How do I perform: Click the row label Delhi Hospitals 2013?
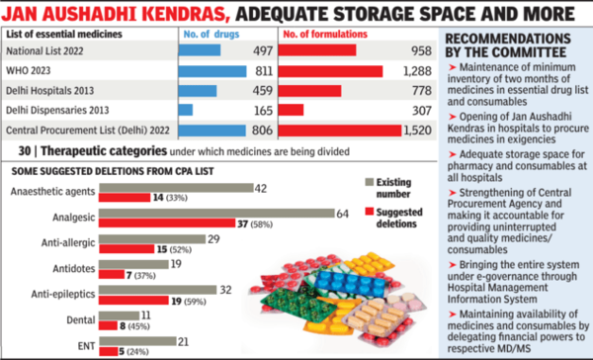coord(60,90)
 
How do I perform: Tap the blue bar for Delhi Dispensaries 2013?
coord(186,110)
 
